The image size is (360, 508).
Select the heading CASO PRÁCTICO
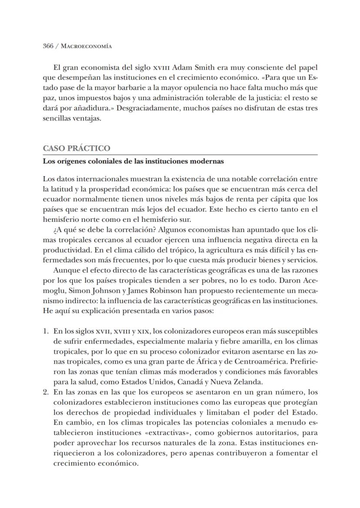tap(77, 148)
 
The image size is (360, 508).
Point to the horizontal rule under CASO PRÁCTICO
tap(180, 155)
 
